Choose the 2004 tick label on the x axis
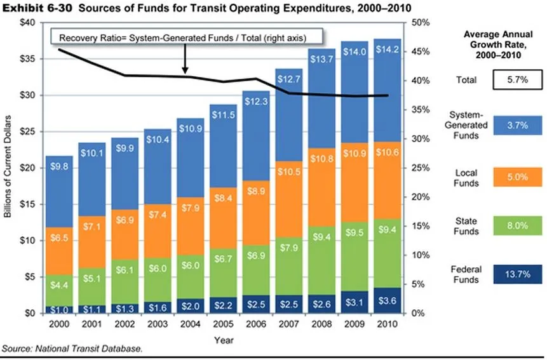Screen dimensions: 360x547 (x=191, y=324)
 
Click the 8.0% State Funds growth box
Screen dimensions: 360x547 (x=517, y=226)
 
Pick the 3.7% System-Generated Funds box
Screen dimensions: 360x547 (x=517, y=126)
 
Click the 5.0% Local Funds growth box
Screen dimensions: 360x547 (x=517, y=177)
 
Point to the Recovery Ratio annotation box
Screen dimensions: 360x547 (x=187, y=38)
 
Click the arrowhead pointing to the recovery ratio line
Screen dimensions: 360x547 (x=184, y=71)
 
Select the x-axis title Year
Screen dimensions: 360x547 (x=224, y=340)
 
